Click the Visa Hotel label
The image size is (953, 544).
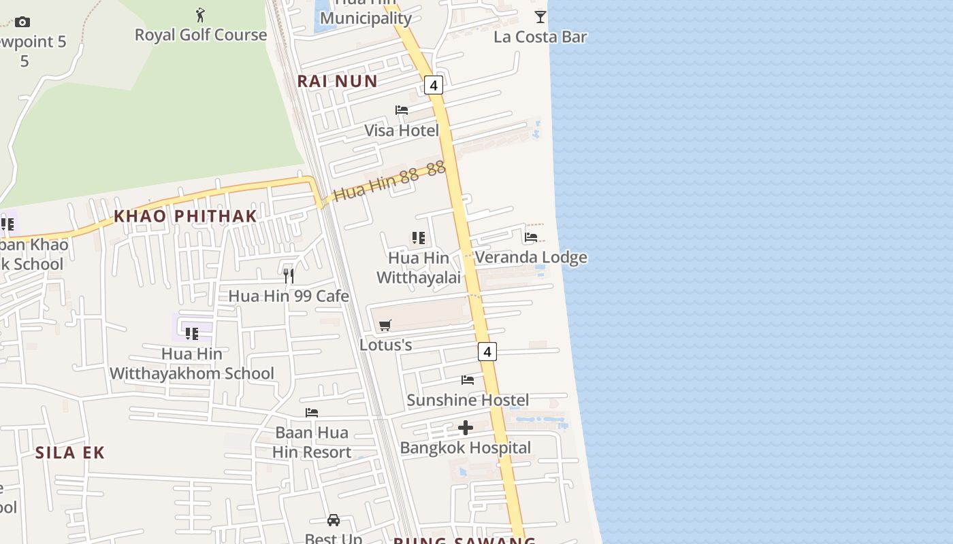(x=402, y=131)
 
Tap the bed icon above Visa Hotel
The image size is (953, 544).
(x=402, y=110)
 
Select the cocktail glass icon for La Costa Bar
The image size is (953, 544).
(x=540, y=17)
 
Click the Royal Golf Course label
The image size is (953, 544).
(x=201, y=35)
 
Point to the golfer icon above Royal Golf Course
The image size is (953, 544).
(x=200, y=15)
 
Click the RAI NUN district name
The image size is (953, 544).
(x=337, y=81)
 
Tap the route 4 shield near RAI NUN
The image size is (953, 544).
(x=433, y=85)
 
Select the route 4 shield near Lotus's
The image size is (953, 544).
(x=487, y=352)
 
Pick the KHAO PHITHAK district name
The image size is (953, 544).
(x=185, y=216)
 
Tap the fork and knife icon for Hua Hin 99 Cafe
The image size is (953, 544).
(x=289, y=275)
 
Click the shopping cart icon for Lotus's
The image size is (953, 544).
(x=385, y=325)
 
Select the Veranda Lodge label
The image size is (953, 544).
(x=531, y=258)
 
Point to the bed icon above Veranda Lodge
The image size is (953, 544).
(x=531, y=237)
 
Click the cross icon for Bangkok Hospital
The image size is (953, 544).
(x=466, y=428)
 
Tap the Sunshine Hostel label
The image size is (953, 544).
(x=468, y=400)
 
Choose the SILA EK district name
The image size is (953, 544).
(x=70, y=453)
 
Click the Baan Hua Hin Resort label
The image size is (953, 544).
(x=312, y=442)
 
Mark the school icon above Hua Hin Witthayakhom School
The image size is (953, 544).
(x=192, y=333)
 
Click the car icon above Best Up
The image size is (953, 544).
(x=334, y=520)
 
